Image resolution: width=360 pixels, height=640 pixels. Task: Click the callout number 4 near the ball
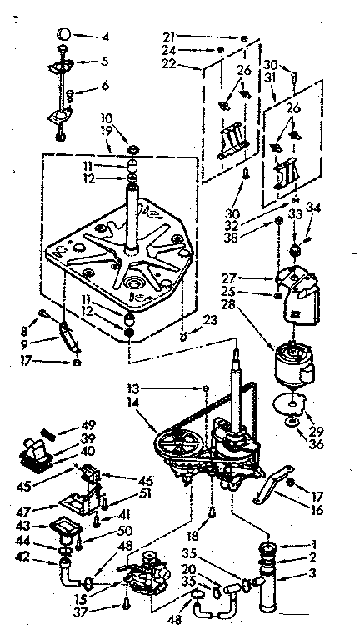[104, 36]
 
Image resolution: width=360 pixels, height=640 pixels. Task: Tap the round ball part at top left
[64, 34]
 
